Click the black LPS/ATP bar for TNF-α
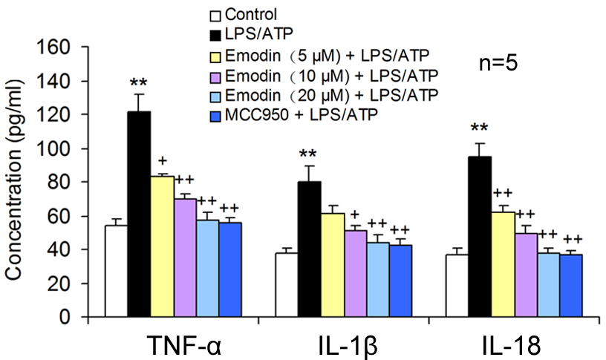(139, 215)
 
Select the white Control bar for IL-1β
(287, 285)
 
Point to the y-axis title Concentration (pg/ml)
(14, 182)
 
